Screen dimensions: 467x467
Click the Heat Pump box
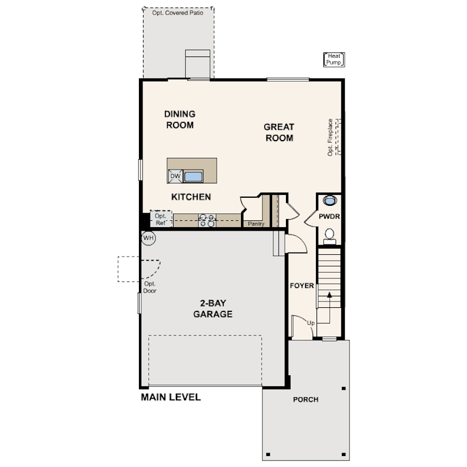[334, 59]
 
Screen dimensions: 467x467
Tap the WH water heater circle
[148, 238]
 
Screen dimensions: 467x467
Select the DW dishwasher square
[175, 176]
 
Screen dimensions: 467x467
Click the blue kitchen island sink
[193, 176]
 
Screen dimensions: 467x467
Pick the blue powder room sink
[330, 201]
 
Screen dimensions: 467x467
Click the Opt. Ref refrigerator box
[161, 219]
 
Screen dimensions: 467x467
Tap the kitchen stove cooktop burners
[208, 220]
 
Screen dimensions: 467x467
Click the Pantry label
[256, 224]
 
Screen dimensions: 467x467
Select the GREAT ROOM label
[279, 133]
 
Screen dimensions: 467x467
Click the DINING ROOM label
[180, 119]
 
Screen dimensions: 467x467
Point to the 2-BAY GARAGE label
[213, 308]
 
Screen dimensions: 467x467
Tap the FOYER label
[302, 285]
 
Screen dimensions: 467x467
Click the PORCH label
[306, 400]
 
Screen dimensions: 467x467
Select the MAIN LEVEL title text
[171, 397]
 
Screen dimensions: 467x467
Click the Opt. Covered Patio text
[178, 13]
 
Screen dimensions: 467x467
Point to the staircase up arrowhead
[329, 295]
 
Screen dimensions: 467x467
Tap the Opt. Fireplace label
[330, 137]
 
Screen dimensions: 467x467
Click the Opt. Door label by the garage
[149, 288]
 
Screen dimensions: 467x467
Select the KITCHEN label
[191, 197]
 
